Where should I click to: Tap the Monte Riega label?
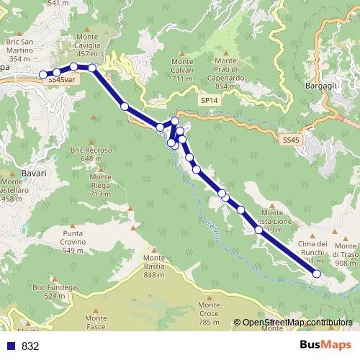(100, 185)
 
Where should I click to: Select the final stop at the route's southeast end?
(317, 274)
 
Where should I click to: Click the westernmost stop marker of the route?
(43, 74)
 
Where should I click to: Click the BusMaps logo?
(325, 345)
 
